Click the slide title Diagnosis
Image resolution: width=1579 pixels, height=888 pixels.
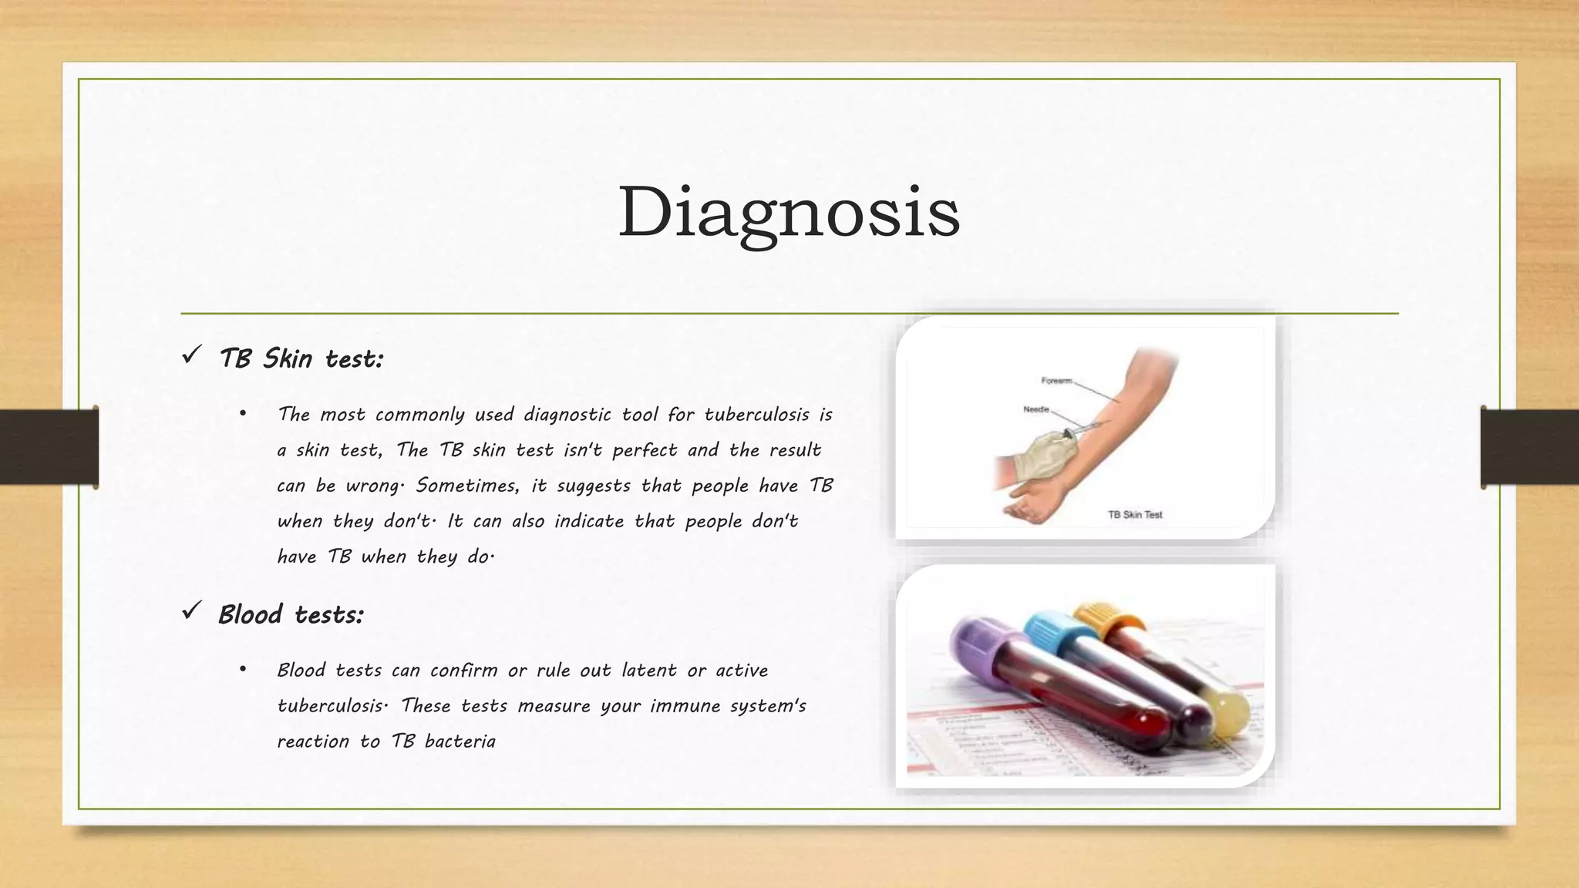tap(789, 212)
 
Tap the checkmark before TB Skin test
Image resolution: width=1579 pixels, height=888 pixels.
tap(191, 355)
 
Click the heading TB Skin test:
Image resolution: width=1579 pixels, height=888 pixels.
tap(301, 358)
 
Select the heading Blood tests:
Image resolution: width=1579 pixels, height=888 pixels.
tap(291, 614)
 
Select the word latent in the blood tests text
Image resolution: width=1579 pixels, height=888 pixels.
tap(648, 671)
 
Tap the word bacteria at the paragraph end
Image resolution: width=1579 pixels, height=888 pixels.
tap(460, 742)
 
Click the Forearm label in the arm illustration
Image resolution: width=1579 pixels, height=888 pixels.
tap(1056, 381)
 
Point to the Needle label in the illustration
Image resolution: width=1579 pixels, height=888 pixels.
tap(1036, 409)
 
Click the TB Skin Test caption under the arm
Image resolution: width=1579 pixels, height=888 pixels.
tap(1135, 514)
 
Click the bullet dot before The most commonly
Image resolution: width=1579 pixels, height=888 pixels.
tap(243, 415)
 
